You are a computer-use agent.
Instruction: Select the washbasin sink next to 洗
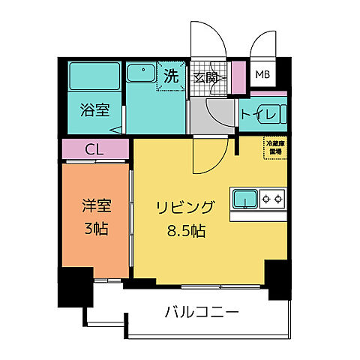pos(139,73)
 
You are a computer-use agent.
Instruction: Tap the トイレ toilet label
pos(262,114)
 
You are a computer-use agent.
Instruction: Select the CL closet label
pos(95,149)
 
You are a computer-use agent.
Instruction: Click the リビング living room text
pos(186,208)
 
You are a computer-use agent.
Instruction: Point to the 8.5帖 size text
pos(186,229)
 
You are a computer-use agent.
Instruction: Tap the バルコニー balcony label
pos(201,310)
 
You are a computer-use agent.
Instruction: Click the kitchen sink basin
pos(244,199)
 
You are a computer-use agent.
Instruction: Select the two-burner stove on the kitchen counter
pos(271,199)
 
